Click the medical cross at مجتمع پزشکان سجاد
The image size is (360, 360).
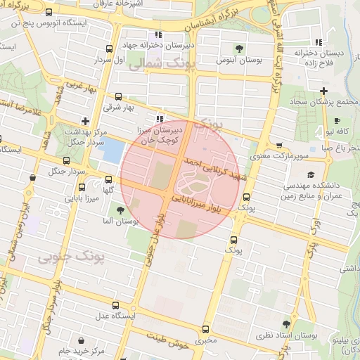click(323, 91)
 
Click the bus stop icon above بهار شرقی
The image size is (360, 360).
click(118, 97)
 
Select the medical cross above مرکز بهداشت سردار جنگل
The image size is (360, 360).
click(84, 120)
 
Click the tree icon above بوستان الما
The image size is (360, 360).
click(121, 209)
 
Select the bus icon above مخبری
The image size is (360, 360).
click(205, 329)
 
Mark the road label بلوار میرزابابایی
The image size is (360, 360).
click(200, 203)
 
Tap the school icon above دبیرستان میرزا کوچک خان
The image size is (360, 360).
click(160, 119)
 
